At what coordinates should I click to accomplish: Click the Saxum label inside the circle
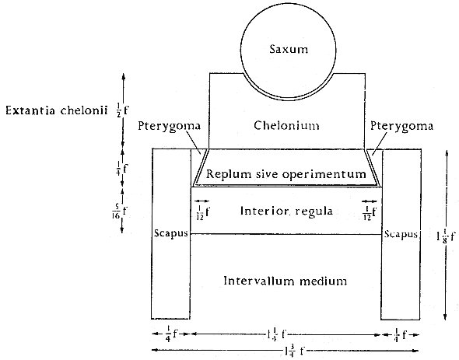tap(289, 49)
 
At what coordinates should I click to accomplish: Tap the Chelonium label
tap(286, 125)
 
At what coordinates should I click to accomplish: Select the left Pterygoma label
tap(169, 127)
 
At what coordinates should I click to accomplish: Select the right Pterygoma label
tap(401, 127)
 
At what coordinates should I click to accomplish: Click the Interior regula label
tap(286, 211)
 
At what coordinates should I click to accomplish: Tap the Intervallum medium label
tap(285, 281)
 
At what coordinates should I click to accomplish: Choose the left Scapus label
tap(171, 233)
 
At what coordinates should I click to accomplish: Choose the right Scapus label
tap(401, 234)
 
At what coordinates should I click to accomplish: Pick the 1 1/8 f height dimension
tap(446, 236)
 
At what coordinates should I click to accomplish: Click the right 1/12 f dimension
tap(369, 213)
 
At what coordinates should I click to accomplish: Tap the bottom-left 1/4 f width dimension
tap(171, 334)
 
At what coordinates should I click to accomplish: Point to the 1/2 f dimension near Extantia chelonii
tap(122, 110)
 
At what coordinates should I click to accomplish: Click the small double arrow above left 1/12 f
tap(202, 201)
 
